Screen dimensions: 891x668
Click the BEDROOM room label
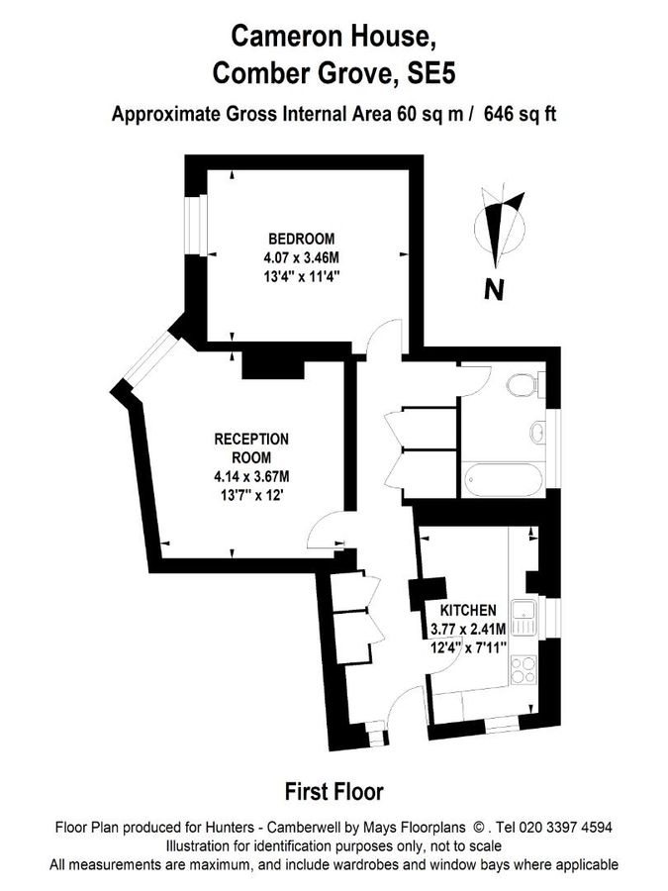click(x=301, y=239)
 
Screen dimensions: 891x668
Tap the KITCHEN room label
click(x=468, y=610)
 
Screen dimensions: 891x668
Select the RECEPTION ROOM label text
click(x=252, y=447)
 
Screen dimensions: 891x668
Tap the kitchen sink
click(x=524, y=617)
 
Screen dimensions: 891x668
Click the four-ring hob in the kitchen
click(x=524, y=670)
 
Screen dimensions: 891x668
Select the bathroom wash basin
click(x=537, y=432)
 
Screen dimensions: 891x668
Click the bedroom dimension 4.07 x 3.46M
click(x=301, y=257)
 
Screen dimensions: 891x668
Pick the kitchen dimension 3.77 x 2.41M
click(x=468, y=629)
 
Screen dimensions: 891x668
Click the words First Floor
click(x=334, y=791)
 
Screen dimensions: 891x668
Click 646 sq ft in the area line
click(x=520, y=113)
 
